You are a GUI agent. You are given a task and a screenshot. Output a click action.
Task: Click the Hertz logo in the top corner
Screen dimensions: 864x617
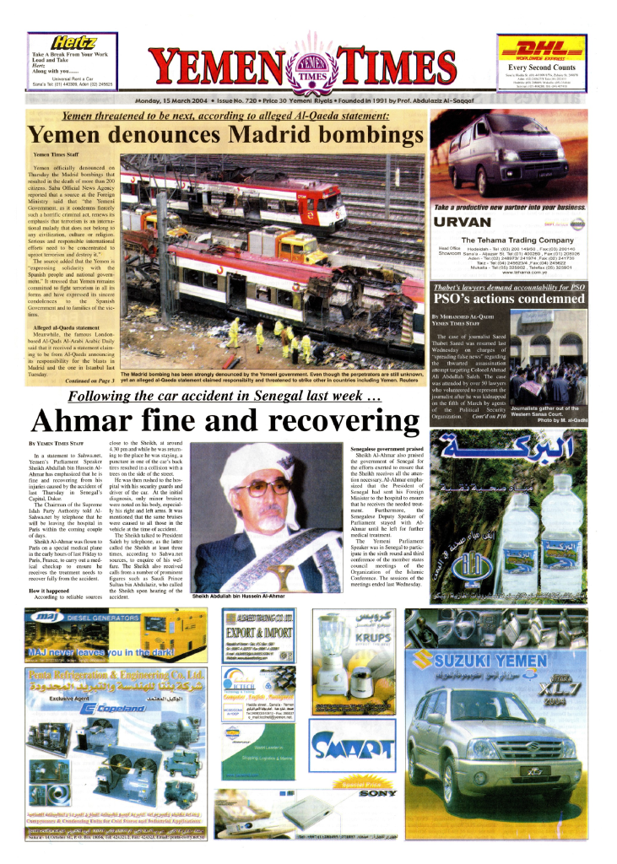[74, 42]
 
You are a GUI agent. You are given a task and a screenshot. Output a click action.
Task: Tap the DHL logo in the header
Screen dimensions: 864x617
[541, 51]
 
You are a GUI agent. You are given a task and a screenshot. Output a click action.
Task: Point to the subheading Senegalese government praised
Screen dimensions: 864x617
[387, 450]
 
